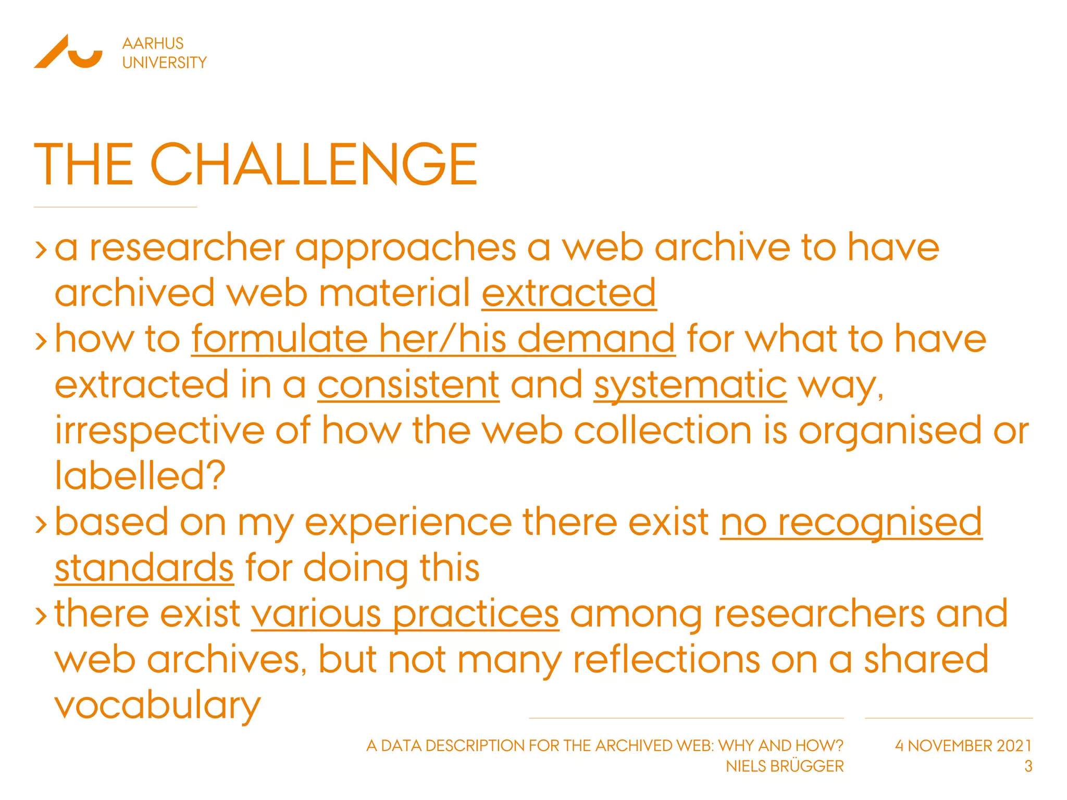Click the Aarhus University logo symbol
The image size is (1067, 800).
(68, 52)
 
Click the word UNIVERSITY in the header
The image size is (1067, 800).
(164, 63)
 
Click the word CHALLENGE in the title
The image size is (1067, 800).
(314, 165)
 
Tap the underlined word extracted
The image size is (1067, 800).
(568, 293)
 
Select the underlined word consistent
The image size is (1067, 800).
(408, 385)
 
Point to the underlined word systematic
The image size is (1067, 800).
(690, 385)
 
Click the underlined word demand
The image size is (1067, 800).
(596, 339)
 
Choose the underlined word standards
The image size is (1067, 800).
(144, 568)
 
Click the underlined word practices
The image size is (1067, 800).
(475, 614)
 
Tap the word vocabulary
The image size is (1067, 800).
(157, 705)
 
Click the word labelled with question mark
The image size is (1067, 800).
(140, 476)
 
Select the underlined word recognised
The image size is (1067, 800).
(879, 522)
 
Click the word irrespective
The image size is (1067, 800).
(159, 431)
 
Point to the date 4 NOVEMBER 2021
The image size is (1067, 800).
(963, 746)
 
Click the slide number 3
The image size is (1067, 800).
(1027, 766)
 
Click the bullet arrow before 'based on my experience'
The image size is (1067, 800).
(41, 524)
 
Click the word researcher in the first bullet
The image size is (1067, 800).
(187, 247)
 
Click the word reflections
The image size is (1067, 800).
(665, 659)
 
